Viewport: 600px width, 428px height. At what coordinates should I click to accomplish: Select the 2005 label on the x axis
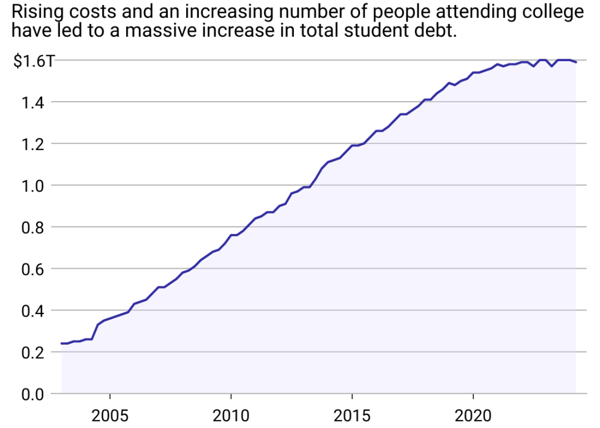point(110,416)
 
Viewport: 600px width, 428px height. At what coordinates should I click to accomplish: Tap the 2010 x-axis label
point(231,416)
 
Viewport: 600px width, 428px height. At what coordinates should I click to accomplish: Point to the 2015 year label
point(352,416)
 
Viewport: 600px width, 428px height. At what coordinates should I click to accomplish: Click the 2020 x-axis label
point(473,416)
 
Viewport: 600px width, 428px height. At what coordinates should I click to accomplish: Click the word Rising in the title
point(35,12)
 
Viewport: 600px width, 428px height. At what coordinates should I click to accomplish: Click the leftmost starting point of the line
point(62,343)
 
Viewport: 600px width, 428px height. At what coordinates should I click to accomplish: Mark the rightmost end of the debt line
point(576,62)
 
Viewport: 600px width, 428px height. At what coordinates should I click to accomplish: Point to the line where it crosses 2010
point(231,235)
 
